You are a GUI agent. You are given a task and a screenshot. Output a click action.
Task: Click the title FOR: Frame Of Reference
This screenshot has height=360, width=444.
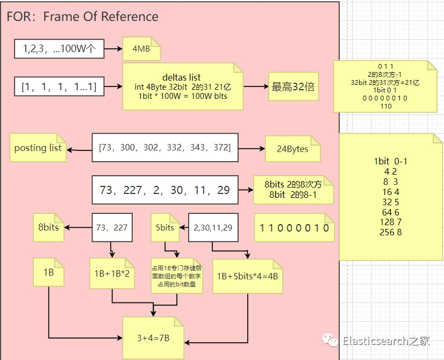point(82,17)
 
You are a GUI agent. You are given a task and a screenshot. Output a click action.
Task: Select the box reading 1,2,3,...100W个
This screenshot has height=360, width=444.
point(59,49)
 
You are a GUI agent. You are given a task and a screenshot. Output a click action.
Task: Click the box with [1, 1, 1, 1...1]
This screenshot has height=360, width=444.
point(59,86)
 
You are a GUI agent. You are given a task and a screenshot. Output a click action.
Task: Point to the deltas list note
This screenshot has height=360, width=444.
point(181,87)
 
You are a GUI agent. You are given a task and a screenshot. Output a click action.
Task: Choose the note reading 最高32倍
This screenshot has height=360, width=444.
point(293,87)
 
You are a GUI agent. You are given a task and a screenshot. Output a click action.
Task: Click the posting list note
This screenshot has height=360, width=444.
point(38,148)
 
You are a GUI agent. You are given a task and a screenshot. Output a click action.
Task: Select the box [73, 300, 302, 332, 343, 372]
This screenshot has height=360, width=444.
point(164,147)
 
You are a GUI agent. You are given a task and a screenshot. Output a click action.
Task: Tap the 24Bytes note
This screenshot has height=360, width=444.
point(292,149)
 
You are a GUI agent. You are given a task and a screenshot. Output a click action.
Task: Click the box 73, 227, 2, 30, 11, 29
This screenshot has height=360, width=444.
point(164,190)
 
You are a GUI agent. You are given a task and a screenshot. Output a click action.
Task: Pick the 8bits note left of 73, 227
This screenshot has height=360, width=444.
point(48,227)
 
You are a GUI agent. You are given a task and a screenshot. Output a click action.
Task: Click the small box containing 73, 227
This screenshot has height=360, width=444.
point(112,227)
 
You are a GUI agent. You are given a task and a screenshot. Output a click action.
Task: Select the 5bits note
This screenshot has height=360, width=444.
point(165,227)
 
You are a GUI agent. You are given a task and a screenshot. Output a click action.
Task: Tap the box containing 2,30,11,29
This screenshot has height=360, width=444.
point(213,227)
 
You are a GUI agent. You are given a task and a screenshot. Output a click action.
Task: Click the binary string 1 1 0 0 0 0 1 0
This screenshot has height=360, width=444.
point(295,228)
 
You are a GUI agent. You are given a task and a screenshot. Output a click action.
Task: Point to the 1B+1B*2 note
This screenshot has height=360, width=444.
point(112,273)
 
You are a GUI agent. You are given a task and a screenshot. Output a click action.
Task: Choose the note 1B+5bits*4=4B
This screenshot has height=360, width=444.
point(247,276)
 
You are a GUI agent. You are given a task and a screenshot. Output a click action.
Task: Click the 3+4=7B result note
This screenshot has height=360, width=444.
point(153,338)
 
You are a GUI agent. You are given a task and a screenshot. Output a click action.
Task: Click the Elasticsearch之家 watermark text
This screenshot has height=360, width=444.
point(386,341)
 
